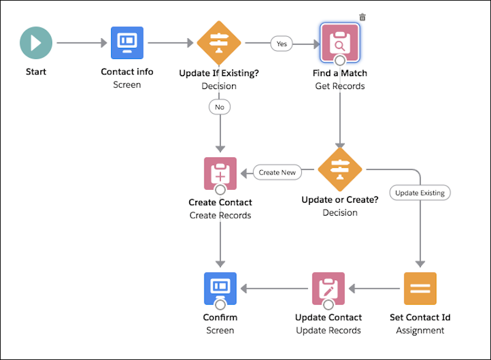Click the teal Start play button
(x=36, y=43)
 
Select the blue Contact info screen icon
(x=127, y=43)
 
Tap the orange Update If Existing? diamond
(x=219, y=43)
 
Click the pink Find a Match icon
(x=339, y=43)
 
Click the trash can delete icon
(x=362, y=17)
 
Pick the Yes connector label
(x=282, y=44)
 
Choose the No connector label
(x=219, y=107)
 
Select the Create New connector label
(x=277, y=173)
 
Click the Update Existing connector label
(x=420, y=193)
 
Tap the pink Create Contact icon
(x=220, y=173)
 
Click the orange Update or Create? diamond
(x=339, y=169)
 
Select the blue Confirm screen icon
(x=220, y=288)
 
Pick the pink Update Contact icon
(x=328, y=288)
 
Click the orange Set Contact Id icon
(x=420, y=288)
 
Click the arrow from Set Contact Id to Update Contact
(x=374, y=288)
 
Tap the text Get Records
(x=339, y=86)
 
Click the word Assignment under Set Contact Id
(x=420, y=331)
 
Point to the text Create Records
(x=220, y=215)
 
